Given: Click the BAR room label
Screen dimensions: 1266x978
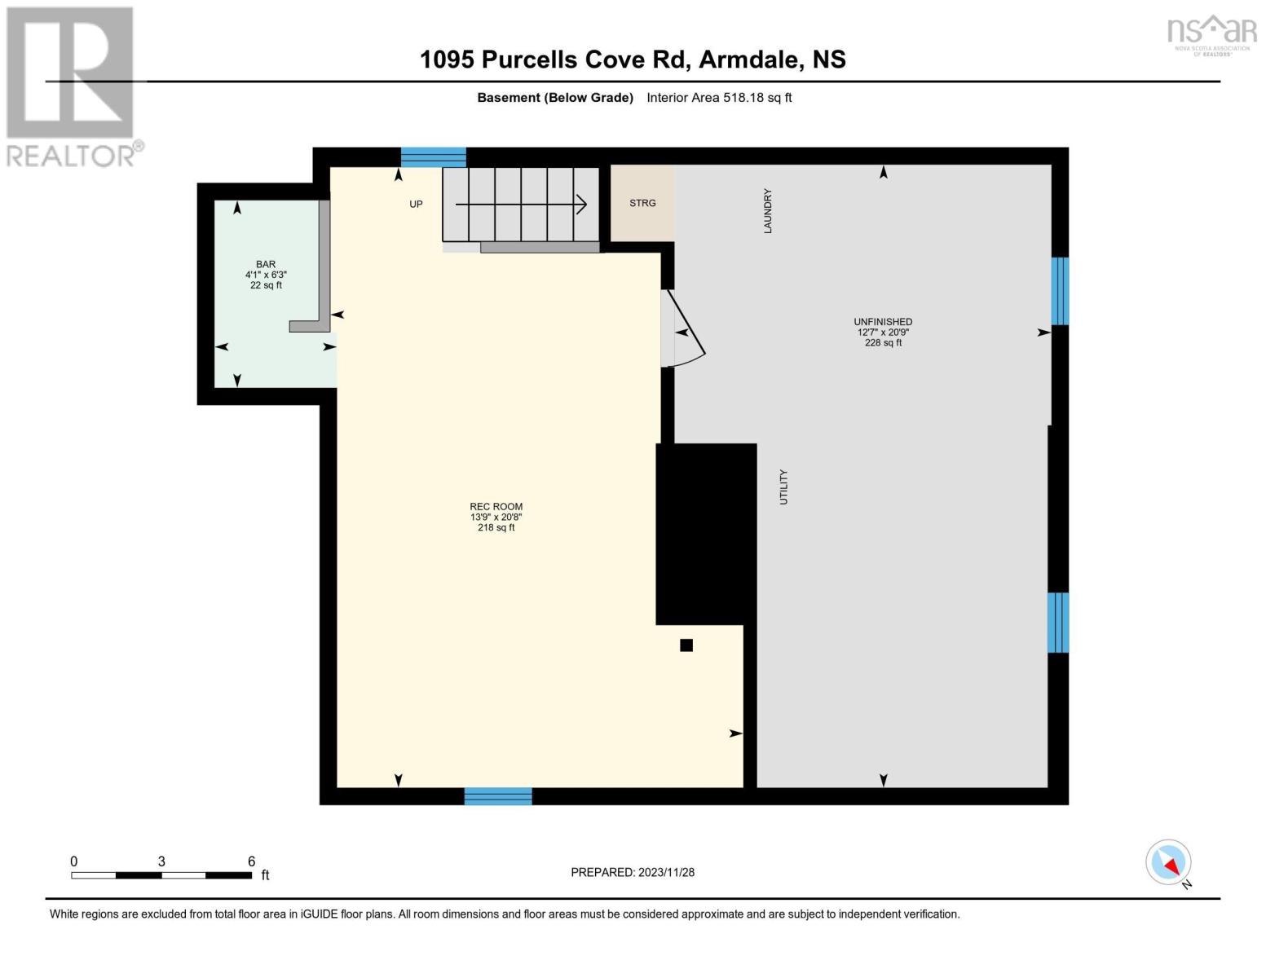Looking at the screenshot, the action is click(266, 264).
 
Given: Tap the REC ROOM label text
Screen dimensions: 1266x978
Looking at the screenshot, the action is click(496, 507).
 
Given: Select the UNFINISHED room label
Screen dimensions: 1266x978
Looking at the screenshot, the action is click(883, 322).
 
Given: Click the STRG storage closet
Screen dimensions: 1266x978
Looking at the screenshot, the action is click(642, 203).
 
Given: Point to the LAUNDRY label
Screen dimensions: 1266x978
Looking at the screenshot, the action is click(767, 211).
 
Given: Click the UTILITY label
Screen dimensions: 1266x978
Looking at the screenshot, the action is click(783, 487).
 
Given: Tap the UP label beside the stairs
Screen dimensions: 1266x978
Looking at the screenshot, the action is click(416, 204).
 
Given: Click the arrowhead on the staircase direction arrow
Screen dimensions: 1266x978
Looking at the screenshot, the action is click(581, 204).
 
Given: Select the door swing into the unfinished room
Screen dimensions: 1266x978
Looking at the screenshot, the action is click(682, 329).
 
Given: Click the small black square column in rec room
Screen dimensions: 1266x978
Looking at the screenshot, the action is click(686, 645).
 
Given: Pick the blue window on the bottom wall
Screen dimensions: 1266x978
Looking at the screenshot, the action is click(498, 796).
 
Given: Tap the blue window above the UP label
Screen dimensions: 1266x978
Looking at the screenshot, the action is click(434, 157).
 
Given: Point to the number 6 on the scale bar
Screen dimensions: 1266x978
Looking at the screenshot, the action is click(251, 861).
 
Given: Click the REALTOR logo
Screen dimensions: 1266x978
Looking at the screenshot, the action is click(73, 87).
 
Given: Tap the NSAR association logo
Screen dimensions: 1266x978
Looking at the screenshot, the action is click(1212, 36).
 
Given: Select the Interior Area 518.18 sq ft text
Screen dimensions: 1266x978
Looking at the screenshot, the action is click(719, 98).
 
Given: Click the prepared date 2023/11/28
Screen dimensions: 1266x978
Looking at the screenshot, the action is click(667, 873).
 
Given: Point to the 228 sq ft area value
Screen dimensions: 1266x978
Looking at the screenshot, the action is click(883, 342).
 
